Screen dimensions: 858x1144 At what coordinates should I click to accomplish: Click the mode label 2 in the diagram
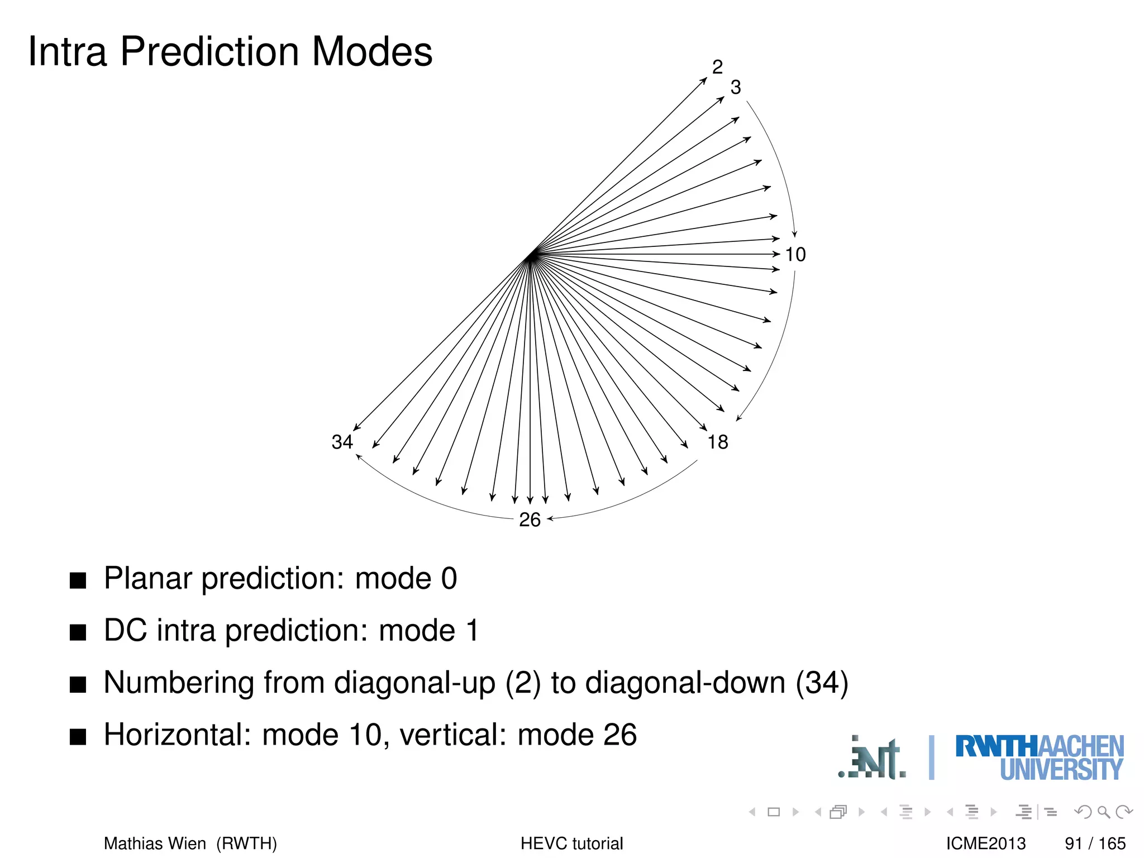[717, 67]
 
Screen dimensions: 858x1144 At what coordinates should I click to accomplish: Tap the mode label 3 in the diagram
[735, 87]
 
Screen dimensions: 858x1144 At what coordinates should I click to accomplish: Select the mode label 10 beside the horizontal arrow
[795, 255]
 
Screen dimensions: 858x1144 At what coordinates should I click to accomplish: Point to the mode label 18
[718, 442]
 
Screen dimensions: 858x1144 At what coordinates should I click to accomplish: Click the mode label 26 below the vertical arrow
[530, 520]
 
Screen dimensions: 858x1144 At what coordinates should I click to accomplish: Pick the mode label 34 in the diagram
[342, 442]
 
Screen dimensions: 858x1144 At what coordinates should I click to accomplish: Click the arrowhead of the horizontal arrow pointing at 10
[776, 254]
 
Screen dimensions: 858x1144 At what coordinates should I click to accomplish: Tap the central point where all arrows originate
[531, 256]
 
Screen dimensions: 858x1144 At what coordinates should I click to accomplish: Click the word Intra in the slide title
[67, 51]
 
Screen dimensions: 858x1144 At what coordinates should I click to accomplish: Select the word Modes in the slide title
[371, 51]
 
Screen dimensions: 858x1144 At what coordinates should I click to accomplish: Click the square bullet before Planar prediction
[78, 580]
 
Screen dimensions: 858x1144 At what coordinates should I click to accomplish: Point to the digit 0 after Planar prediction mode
[449, 579]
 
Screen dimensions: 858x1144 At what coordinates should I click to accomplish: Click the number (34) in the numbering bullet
[822, 683]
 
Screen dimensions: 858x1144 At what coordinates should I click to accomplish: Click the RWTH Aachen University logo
[1039, 757]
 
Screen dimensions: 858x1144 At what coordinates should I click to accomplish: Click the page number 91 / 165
[1095, 843]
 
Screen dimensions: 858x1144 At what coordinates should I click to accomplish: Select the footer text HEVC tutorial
[571, 843]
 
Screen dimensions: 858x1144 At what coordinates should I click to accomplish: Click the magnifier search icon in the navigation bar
[1103, 812]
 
